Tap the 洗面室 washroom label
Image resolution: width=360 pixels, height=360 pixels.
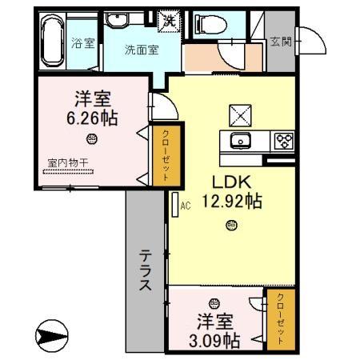click(x=140, y=49)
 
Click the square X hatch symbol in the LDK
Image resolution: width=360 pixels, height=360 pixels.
click(x=239, y=115)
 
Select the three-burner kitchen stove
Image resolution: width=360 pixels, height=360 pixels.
click(x=284, y=142)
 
